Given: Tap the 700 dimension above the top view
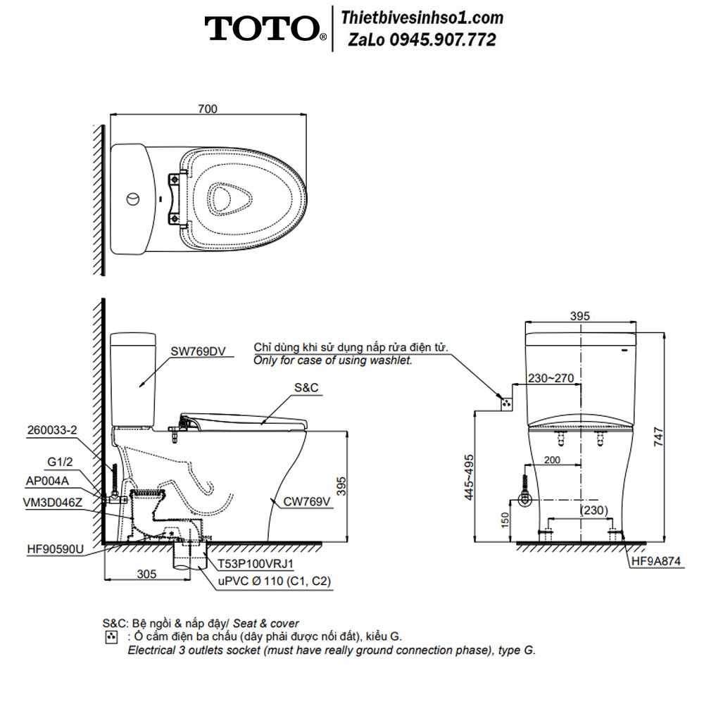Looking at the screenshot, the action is click(208, 108).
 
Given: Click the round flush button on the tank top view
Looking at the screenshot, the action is click(133, 199).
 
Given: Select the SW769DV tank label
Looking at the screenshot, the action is click(198, 351).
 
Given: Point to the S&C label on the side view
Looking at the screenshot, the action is click(306, 387).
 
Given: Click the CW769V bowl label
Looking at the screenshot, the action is click(307, 501).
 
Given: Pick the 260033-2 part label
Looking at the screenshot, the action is click(52, 429).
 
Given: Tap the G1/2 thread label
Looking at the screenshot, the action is click(60, 462).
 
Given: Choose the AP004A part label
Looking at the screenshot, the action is click(47, 481).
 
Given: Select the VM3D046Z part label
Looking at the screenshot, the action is click(53, 502).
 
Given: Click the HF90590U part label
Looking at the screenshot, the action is click(55, 548).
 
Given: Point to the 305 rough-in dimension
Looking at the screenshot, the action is click(146, 574).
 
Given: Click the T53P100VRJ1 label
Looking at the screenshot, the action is click(256, 563).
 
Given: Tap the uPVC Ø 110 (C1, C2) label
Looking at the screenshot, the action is click(275, 581).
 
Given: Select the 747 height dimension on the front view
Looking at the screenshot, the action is click(658, 436).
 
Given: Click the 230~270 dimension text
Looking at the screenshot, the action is click(551, 378).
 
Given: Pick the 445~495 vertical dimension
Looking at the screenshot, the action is click(469, 477).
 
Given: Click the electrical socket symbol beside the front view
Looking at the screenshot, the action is click(506, 403).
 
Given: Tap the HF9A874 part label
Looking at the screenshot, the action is click(656, 561).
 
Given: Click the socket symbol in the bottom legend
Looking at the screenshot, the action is click(111, 636).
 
